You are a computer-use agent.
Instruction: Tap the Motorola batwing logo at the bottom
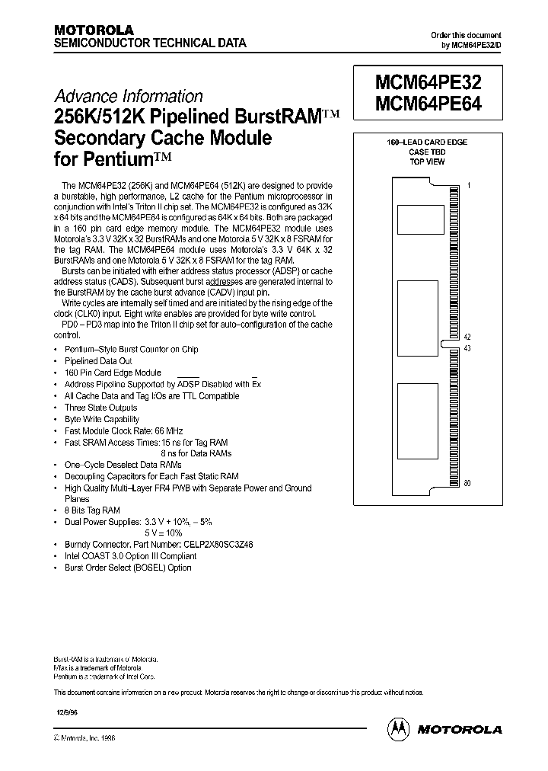[x=399, y=728]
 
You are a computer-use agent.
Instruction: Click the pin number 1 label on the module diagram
[x=469, y=185]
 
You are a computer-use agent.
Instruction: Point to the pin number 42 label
[x=467, y=337]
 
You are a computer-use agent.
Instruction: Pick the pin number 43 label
[x=467, y=348]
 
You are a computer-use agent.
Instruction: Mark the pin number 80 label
[x=467, y=482]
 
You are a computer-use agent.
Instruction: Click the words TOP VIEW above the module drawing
[x=427, y=162]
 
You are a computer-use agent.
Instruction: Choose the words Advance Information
[x=128, y=97]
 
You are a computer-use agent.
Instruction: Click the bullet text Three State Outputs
[x=100, y=408]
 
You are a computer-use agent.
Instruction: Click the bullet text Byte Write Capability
[x=102, y=419]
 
